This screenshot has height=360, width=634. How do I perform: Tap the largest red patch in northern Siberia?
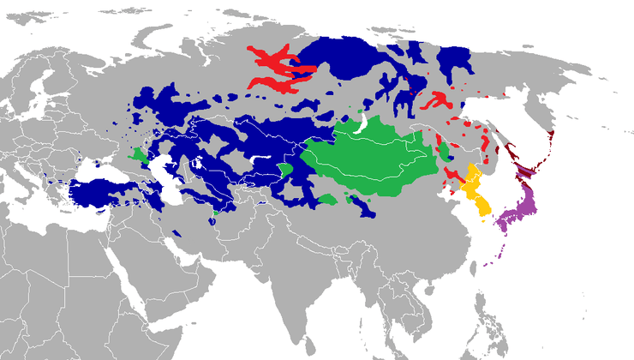(x=278, y=69)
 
